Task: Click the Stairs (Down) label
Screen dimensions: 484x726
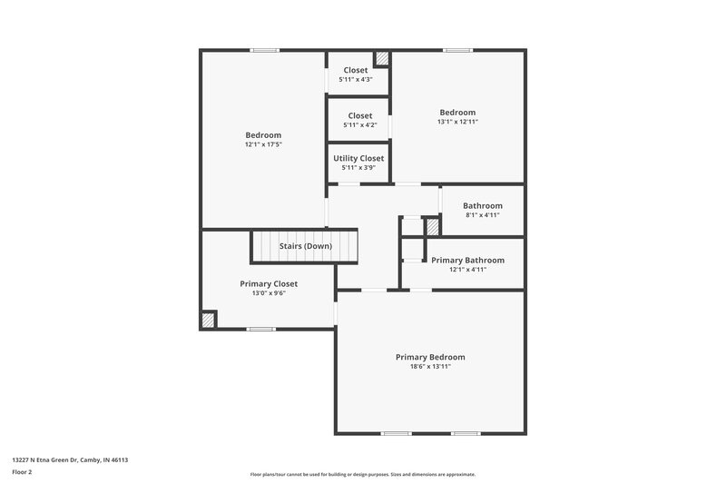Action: tap(305, 246)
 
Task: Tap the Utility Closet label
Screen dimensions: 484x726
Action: tap(358, 158)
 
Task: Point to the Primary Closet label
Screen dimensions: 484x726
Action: tap(269, 283)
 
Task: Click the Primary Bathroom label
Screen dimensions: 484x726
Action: tap(467, 260)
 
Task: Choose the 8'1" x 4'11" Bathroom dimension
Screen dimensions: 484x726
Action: tap(482, 216)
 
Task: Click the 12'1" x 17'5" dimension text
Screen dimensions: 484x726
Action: tap(263, 145)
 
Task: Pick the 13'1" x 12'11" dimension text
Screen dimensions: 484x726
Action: tap(457, 122)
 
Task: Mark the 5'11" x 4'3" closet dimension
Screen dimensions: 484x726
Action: tap(356, 80)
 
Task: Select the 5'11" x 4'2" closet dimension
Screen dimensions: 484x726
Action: tap(359, 125)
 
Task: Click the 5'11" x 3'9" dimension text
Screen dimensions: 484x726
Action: tap(358, 168)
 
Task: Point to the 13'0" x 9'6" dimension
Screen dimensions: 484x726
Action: tap(269, 293)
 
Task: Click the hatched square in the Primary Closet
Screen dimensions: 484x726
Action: tap(209, 320)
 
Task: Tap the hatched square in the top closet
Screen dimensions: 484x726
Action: tap(382, 58)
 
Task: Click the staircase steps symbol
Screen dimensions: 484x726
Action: tap(272, 246)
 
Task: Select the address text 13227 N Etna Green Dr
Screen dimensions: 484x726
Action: tap(70, 460)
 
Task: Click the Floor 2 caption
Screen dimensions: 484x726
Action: tap(24, 473)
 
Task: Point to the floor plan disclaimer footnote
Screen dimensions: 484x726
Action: tap(362, 474)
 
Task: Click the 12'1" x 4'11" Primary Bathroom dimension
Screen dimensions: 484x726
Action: tap(467, 270)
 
